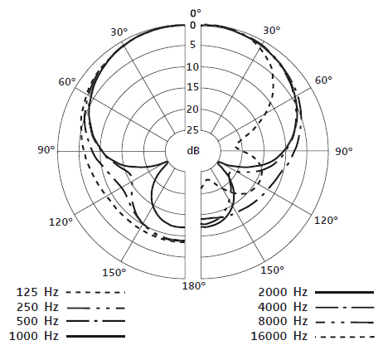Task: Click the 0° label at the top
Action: pos(196,13)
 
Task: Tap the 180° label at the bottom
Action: pos(194,285)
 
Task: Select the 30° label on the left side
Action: pos(119,32)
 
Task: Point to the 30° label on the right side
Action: pos(272,31)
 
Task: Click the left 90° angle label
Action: pos(46,150)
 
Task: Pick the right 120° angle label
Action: pos(326,221)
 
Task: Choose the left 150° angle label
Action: pos(114,273)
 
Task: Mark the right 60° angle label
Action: pos(323,80)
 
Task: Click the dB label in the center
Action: pos(193,151)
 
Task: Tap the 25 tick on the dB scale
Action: pos(192,130)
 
